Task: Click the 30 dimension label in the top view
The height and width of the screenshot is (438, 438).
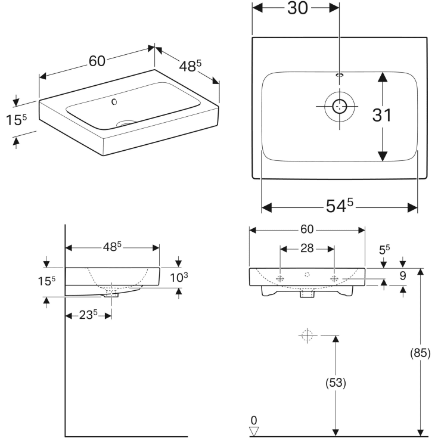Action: [x=298, y=8]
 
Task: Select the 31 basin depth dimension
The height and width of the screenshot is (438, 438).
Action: [x=382, y=115]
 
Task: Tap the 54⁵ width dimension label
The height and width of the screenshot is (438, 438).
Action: [x=340, y=206]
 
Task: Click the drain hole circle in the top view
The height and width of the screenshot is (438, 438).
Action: [x=340, y=107]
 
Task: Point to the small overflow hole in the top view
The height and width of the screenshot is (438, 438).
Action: [x=340, y=75]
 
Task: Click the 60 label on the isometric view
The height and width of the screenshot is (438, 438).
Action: [x=97, y=61]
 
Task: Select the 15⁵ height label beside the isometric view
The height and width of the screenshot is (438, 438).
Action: [x=17, y=120]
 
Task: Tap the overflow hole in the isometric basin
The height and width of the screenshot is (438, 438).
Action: [x=114, y=102]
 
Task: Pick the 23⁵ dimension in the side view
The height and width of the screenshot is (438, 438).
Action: [x=88, y=315]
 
